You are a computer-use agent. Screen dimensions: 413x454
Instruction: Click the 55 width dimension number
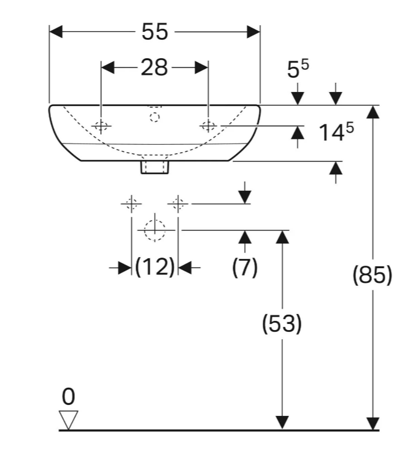pyautogui.click(x=155, y=31)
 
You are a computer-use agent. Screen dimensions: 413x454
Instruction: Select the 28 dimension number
pyautogui.click(x=154, y=67)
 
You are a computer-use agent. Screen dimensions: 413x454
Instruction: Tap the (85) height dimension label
pyautogui.click(x=372, y=274)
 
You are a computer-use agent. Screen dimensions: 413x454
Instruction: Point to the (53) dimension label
pyautogui.click(x=282, y=323)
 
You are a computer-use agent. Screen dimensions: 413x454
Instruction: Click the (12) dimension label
pyautogui.click(x=155, y=267)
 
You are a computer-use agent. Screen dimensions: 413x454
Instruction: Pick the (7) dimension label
pyautogui.click(x=245, y=267)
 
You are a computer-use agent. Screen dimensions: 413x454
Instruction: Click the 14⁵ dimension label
pyautogui.click(x=336, y=132)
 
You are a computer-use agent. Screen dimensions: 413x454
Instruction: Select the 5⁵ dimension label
pyautogui.click(x=298, y=68)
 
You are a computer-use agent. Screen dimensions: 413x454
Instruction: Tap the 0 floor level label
pyautogui.click(x=68, y=397)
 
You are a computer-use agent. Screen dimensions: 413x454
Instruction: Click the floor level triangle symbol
pyautogui.click(x=68, y=420)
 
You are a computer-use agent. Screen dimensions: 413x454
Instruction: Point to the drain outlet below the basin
pyautogui.click(x=155, y=167)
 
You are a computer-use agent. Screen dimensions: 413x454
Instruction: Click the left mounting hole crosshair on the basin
pyautogui.click(x=101, y=126)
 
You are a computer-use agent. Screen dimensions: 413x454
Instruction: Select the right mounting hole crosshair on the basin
pyautogui.click(x=208, y=126)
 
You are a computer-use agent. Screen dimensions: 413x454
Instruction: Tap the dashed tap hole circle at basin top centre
pyautogui.click(x=155, y=117)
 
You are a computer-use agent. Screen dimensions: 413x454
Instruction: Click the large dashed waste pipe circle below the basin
pyautogui.click(x=155, y=230)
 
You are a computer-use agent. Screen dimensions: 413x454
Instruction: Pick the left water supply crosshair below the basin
pyautogui.click(x=131, y=204)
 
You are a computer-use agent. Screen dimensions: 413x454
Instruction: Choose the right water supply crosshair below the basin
pyautogui.click(x=178, y=204)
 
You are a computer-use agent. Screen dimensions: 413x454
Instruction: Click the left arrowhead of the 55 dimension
pyautogui.click(x=56, y=31)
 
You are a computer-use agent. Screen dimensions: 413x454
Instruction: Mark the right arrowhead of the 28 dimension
pyautogui.click(x=201, y=67)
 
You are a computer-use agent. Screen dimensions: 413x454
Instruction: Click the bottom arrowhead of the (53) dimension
pyautogui.click(x=282, y=423)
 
